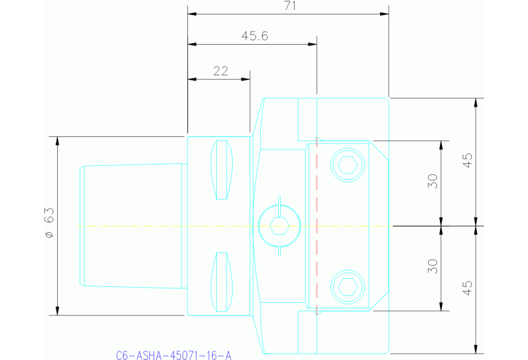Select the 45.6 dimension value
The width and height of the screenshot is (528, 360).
[255, 36]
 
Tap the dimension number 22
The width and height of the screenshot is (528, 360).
[220, 70]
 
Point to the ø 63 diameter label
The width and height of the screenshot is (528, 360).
[49, 225]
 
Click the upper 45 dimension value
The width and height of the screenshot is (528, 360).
[467, 161]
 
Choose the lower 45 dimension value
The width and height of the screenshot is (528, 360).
[467, 288]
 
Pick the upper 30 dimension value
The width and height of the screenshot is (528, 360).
[432, 181]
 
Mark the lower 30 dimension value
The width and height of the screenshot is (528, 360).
[432, 266]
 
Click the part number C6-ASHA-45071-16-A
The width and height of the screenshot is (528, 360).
[174, 355]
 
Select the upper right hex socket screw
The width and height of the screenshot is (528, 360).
[347, 165]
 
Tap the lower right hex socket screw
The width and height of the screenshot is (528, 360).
[347, 286]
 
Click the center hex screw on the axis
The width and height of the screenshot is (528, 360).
[279, 226]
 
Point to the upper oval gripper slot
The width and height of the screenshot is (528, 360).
[222, 170]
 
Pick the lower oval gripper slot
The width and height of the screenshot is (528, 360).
[222, 282]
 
